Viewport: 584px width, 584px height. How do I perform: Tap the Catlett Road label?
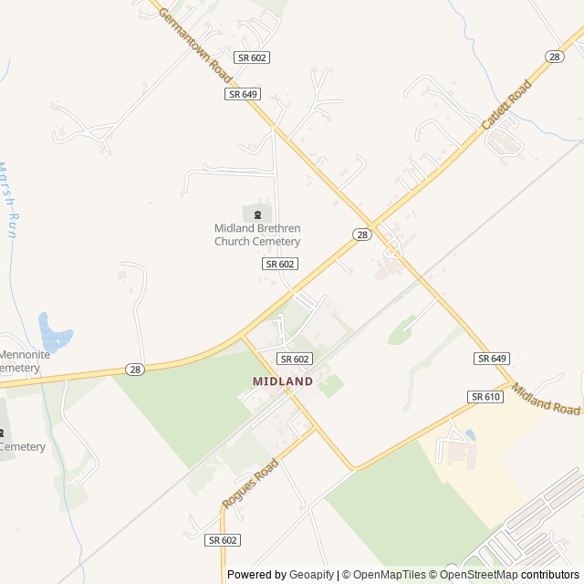(506, 106)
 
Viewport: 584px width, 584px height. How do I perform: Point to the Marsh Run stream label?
(8, 200)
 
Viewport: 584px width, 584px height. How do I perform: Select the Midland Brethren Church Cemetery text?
(257, 235)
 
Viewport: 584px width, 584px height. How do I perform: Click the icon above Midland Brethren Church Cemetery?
(257, 214)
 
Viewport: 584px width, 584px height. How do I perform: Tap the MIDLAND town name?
(283, 381)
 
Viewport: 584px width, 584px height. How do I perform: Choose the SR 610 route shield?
(485, 397)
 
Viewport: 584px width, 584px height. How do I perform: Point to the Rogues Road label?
(249, 485)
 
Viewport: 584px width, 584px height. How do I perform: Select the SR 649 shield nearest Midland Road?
(491, 359)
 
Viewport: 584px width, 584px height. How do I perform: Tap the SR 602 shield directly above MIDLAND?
(295, 359)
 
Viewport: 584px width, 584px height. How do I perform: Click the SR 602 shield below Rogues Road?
(223, 540)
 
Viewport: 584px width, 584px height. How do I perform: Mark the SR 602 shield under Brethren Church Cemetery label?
(280, 263)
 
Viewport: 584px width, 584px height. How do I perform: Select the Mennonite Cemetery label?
(19, 360)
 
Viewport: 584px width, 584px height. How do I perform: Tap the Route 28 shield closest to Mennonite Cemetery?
(135, 369)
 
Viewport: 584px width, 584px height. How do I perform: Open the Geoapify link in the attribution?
(313, 575)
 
